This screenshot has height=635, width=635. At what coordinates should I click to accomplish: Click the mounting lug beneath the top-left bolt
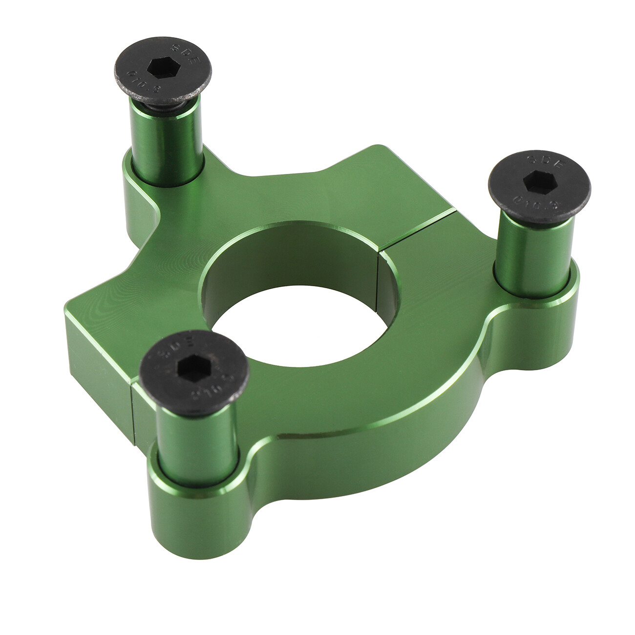[139, 205]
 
